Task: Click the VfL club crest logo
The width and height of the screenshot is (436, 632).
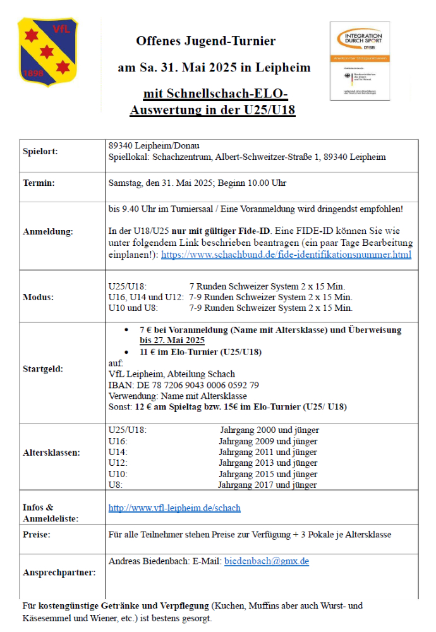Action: pos(47,51)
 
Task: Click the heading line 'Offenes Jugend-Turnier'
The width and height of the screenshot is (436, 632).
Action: pos(206,41)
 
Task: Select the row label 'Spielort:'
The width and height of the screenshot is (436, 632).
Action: pos(40,152)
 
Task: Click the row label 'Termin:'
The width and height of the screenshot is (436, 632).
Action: pos(39,183)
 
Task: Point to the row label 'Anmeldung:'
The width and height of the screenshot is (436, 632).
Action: pos(48,232)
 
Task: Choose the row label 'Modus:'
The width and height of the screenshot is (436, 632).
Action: pos(38,297)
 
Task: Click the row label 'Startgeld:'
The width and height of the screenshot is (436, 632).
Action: pos(43,368)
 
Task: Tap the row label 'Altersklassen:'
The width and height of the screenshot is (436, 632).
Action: pos(51,453)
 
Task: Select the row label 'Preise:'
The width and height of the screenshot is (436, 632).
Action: pos(37,535)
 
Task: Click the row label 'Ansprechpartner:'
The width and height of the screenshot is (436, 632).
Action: pos(59,573)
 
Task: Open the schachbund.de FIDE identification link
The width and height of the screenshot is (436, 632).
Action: pos(286,255)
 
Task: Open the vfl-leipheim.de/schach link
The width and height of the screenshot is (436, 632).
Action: pos(174,507)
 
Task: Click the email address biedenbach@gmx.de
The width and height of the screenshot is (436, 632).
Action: pos(267,561)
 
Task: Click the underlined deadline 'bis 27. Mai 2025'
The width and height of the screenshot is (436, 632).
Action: pos(172,340)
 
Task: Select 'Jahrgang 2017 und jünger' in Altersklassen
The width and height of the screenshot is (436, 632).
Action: pos(267,485)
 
